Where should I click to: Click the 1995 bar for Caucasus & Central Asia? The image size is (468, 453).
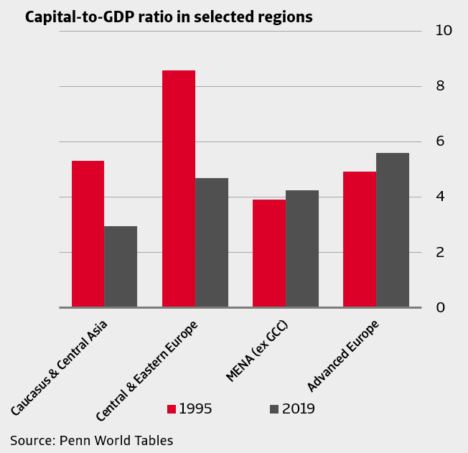(x=88, y=234)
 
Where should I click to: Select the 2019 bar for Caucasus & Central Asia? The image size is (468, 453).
(x=121, y=267)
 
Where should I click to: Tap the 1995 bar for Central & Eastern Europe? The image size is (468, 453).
(x=179, y=189)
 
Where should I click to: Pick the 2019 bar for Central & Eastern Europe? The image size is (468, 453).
(x=212, y=243)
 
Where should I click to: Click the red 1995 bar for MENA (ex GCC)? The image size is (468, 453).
(x=269, y=253)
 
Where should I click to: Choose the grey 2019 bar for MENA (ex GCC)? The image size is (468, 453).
(x=302, y=248)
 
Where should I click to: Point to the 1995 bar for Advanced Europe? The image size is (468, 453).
(x=360, y=240)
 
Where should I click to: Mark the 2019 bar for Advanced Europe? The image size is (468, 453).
(x=393, y=230)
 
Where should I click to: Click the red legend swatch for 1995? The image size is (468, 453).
(x=172, y=409)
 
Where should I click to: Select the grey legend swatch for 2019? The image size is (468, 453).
(x=274, y=409)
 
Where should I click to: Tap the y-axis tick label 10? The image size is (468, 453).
(x=444, y=30)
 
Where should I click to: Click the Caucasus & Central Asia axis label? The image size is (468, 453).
(x=60, y=366)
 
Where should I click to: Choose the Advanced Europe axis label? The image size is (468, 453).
(x=343, y=355)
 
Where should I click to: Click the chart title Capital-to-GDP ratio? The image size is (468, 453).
(x=169, y=17)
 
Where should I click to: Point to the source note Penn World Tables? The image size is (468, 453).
(x=91, y=440)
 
